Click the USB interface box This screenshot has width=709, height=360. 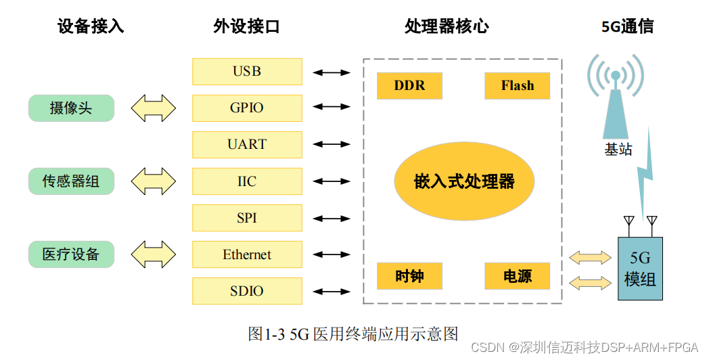point(247,71)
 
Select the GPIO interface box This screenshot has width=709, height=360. point(247,108)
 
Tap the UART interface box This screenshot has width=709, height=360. point(247,144)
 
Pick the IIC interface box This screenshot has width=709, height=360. point(247,181)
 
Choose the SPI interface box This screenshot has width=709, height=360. point(247,218)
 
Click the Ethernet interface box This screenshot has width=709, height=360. point(247,254)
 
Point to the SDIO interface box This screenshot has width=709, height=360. point(247,291)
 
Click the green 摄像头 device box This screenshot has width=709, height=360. point(71,108)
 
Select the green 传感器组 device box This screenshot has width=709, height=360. point(71,181)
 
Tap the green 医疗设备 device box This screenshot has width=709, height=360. point(71,254)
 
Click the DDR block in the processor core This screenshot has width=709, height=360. point(409,86)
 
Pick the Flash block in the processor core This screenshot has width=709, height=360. point(518,86)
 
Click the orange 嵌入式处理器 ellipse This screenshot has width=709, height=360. point(464,181)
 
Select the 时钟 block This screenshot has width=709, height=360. point(409,276)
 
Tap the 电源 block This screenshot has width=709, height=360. point(518,276)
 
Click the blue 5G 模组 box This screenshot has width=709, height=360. point(640,269)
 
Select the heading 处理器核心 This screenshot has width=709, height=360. point(446,26)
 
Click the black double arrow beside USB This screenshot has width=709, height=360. point(331,72)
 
